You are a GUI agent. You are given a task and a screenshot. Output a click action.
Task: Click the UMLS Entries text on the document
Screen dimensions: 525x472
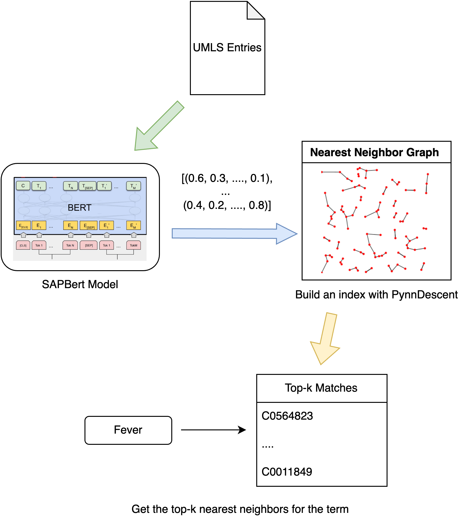pos(227,48)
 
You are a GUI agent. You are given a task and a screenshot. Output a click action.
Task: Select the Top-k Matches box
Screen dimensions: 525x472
pos(322,388)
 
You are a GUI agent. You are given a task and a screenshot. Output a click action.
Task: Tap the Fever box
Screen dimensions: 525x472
pos(128,430)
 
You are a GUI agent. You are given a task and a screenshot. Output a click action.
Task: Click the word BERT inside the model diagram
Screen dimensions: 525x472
pos(79,207)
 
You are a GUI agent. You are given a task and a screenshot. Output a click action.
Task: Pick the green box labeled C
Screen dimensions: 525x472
pos(23,186)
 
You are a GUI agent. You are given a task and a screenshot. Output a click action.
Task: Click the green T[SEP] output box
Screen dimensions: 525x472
pos(88,186)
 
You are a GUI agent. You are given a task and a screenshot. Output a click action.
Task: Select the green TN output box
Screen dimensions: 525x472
pos(70,186)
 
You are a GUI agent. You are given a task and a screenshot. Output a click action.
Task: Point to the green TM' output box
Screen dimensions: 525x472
pos(133,186)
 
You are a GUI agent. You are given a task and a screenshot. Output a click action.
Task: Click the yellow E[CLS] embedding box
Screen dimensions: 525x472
pos(23,225)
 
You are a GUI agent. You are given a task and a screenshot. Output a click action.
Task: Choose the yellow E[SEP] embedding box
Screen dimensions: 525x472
pos(89,225)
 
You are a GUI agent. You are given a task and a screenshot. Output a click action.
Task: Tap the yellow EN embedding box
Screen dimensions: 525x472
pos(70,225)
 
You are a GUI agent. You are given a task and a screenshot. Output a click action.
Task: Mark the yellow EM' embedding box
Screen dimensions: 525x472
pos(133,225)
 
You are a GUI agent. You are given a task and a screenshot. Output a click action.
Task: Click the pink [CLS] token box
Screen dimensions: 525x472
pos(23,245)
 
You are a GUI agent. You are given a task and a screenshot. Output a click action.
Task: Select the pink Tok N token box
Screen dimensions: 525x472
pos(70,245)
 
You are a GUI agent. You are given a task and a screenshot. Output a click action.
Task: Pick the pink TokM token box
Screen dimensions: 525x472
pos(133,245)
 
